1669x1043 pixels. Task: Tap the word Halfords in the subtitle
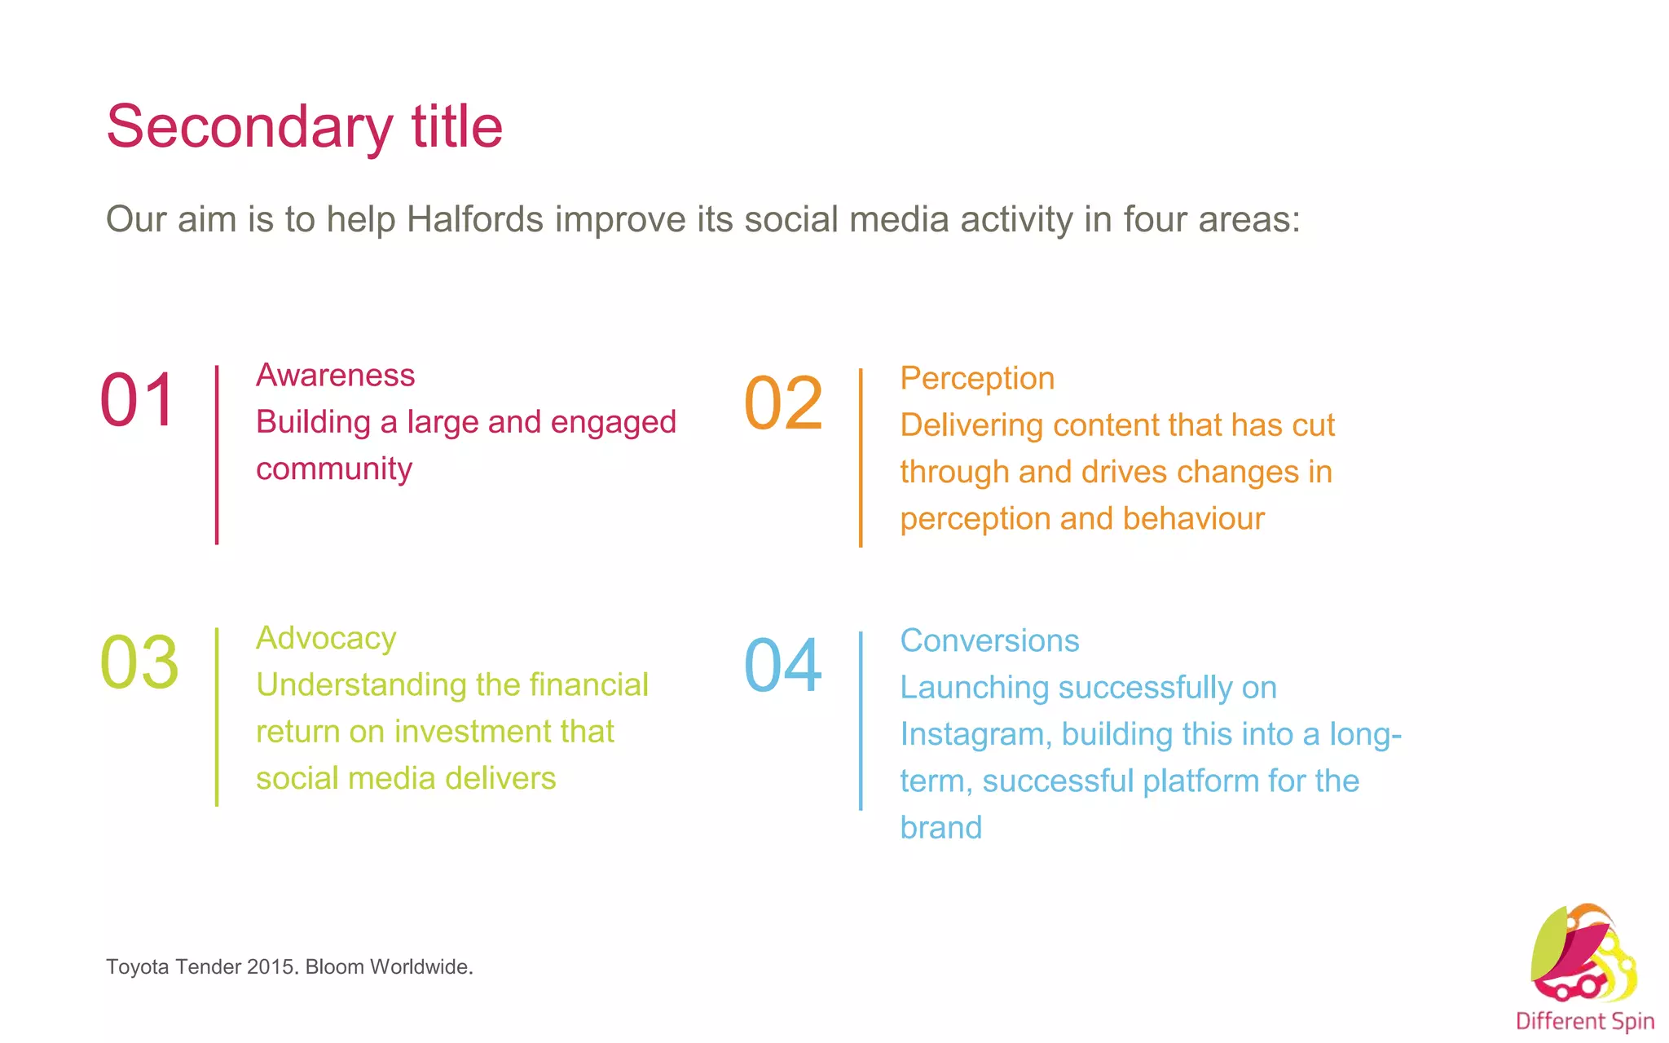[475, 219]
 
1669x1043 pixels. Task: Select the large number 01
[138, 400]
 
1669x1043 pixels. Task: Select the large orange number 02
[783, 403]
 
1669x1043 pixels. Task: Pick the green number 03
[139, 662]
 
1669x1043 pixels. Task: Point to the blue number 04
[783, 666]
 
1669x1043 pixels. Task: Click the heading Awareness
[335, 375]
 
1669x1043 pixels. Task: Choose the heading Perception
[977, 378]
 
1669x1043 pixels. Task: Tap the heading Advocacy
[326, 638]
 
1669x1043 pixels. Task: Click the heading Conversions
[989, 640]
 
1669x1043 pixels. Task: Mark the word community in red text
[334, 469]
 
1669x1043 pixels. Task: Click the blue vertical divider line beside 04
[861, 720]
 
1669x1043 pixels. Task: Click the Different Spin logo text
[1584, 1021]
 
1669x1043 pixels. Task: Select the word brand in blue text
[940, 828]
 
